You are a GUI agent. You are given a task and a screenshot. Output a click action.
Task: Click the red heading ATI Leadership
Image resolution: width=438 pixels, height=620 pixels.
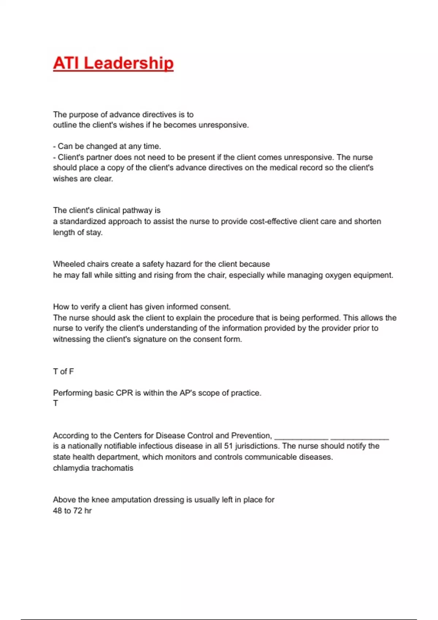(x=113, y=63)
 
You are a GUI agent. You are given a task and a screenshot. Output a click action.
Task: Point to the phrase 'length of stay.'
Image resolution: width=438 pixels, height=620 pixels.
(x=78, y=232)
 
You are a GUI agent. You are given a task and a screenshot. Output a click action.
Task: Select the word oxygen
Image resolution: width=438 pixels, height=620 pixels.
(x=335, y=275)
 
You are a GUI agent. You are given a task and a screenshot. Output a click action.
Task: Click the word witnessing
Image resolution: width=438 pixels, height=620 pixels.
(x=72, y=339)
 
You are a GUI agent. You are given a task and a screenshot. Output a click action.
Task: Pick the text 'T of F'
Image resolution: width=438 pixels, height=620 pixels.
(x=63, y=372)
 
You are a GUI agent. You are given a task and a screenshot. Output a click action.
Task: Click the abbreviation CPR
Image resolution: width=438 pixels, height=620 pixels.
(x=124, y=393)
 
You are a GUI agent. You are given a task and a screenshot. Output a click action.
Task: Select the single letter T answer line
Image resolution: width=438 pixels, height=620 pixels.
(x=55, y=403)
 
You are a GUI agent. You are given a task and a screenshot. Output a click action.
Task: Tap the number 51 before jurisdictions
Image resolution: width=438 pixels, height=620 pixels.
(x=228, y=446)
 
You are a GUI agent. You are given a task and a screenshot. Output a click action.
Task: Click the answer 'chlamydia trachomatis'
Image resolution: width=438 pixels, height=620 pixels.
(x=93, y=468)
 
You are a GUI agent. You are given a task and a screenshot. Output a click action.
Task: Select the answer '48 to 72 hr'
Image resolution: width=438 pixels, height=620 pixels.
(x=72, y=511)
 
